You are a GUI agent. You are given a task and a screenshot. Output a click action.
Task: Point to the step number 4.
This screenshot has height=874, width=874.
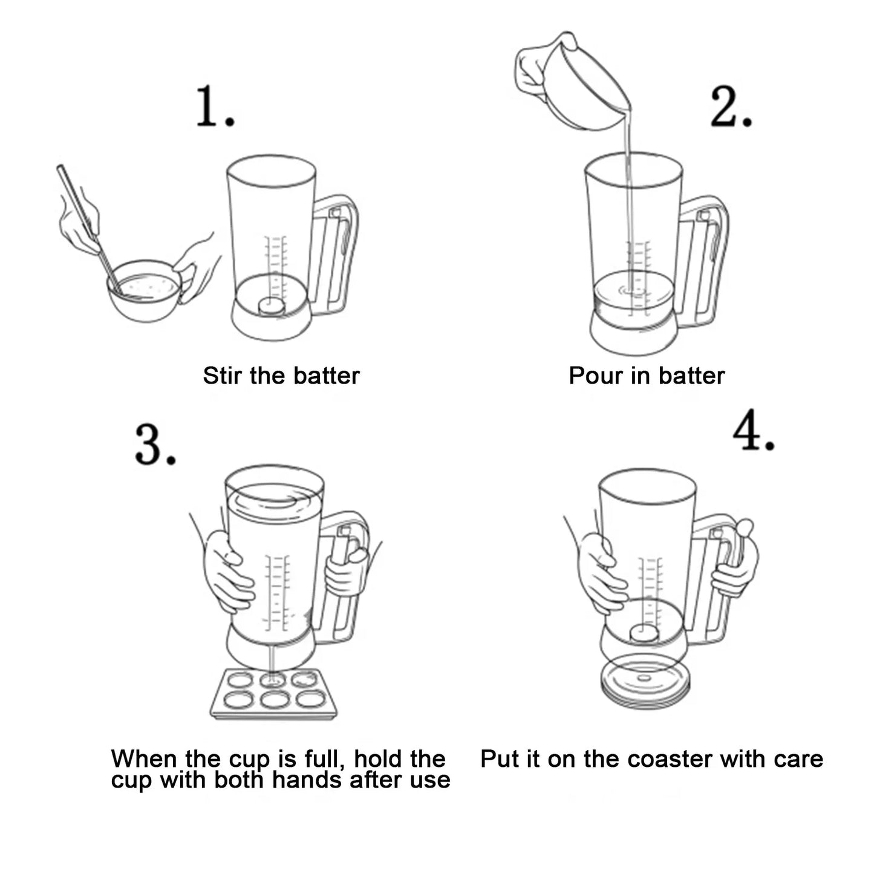tap(753, 430)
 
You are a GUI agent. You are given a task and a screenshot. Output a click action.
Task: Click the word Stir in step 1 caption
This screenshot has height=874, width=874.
tap(223, 376)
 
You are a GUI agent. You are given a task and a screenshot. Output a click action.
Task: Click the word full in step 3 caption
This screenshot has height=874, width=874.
tap(327, 759)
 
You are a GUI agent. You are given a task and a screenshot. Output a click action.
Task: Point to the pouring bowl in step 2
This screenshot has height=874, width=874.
tap(581, 91)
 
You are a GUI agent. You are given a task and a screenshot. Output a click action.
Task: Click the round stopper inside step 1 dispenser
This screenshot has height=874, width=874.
tap(272, 305)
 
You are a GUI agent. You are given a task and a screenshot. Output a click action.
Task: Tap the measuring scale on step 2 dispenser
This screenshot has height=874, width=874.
tap(639, 266)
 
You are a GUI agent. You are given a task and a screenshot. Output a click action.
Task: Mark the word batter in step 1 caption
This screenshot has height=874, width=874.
tap(330, 376)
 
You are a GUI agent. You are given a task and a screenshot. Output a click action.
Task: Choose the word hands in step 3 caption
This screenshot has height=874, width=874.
tap(310, 780)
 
